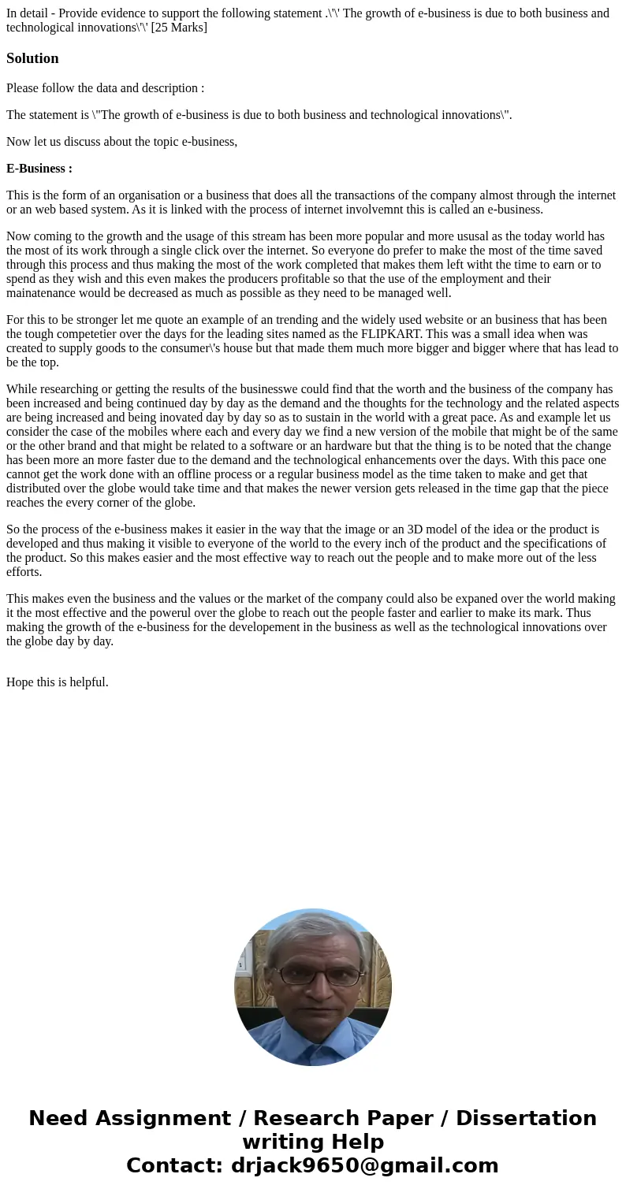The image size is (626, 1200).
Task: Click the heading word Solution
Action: (x=32, y=58)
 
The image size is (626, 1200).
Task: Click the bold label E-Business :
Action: (x=39, y=168)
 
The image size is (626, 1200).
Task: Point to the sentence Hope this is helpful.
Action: (x=57, y=682)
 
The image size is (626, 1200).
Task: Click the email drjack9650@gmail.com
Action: (x=364, y=1165)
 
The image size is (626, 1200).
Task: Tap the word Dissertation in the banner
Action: (x=526, y=1118)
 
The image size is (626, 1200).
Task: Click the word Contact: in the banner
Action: (x=175, y=1165)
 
